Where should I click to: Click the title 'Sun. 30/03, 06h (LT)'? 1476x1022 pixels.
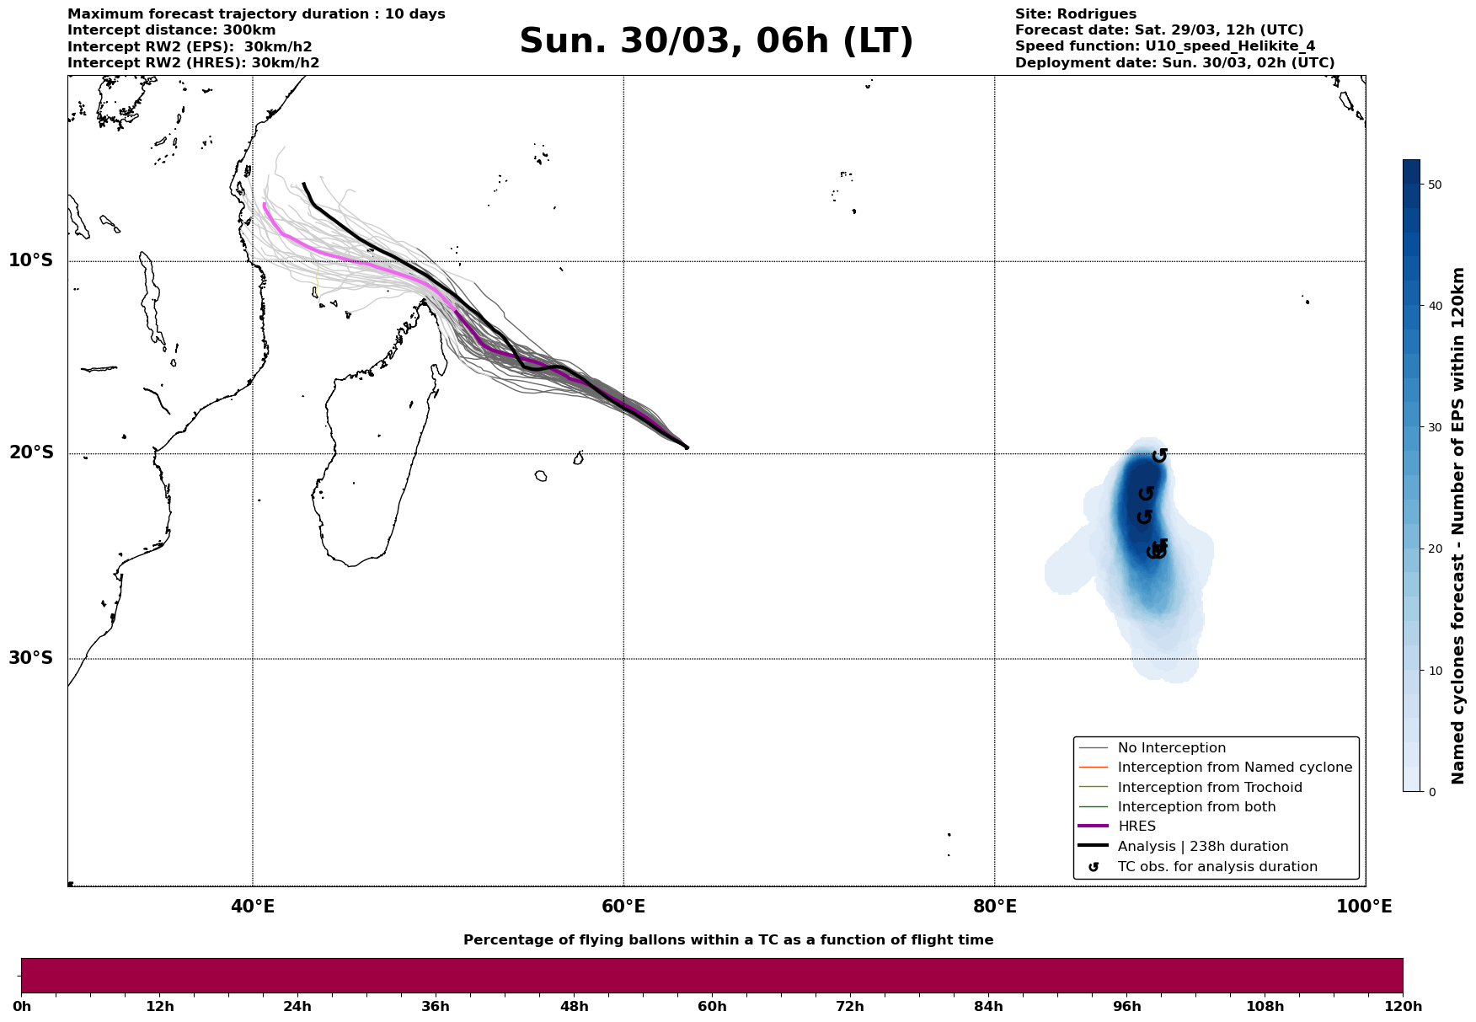pos(716,41)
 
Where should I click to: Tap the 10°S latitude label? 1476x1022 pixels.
pos(31,260)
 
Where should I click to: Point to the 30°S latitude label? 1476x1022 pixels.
pos(31,658)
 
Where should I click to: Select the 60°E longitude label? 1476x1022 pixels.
pos(623,907)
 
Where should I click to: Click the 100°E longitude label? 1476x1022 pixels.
pos(1364,907)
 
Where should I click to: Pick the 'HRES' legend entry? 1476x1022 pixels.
pos(1136,827)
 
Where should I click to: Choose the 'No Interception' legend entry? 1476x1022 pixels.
pos(1171,748)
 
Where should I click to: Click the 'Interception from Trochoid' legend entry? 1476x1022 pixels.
pos(1209,788)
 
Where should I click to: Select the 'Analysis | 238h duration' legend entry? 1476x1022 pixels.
pos(1202,847)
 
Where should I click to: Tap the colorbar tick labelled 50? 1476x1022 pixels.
pos(1436,185)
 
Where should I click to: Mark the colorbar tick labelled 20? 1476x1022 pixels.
pos(1436,549)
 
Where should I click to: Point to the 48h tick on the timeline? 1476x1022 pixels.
pos(574,1006)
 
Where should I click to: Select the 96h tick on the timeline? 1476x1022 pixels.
pos(1126,1006)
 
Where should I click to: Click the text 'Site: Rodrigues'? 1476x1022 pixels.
pos(1075,14)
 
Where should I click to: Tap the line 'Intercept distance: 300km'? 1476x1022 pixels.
pos(171,30)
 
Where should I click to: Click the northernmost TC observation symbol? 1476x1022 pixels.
pos(1160,455)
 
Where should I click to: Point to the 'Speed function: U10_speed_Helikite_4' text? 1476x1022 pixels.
pos(1164,46)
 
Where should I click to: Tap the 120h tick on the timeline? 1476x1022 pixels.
pos(1403,1006)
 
